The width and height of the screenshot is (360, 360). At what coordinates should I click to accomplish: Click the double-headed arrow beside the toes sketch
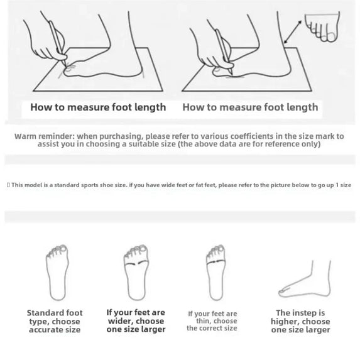[x=293, y=31]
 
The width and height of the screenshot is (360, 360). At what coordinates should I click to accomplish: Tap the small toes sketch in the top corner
[x=322, y=26]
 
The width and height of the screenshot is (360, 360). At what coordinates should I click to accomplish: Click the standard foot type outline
[x=57, y=273]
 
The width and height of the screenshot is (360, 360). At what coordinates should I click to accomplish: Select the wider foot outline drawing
[x=136, y=273]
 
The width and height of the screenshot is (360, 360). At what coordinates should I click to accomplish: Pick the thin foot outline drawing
[x=215, y=273]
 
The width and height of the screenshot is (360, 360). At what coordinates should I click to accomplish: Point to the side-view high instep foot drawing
[x=305, y=279]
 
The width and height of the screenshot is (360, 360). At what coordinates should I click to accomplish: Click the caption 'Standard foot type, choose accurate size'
[x=55, y=321]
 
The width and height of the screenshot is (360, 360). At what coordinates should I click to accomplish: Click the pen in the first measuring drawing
[x=58, y=43]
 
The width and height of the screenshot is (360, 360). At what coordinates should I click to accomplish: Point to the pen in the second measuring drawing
[x=224, y=52]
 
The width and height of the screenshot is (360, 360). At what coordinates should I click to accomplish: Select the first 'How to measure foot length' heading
[x=98, y=107]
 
